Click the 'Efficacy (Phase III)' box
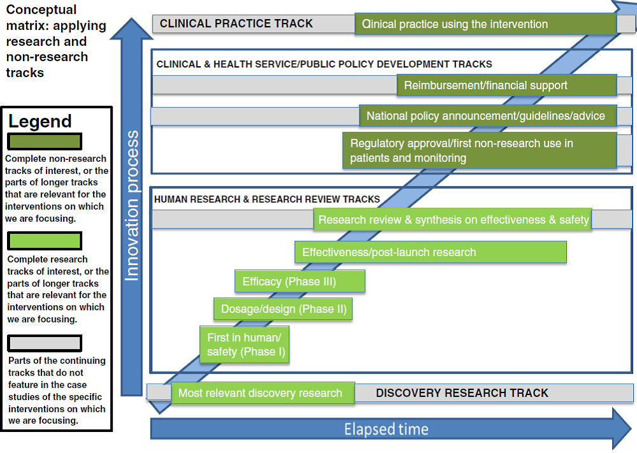(x=300, y=281)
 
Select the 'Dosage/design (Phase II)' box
(x=283, y=309)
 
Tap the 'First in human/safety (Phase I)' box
(x=245, y=345)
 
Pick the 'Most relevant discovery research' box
(x=263, y=393)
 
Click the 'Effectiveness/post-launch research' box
(x=431, y=252)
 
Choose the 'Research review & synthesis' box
(x=452, y=220)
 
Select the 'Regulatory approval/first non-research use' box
(x=480, y=150)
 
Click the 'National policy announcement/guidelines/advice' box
(x=488, y=116)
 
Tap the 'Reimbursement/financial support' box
(x=507, y=85)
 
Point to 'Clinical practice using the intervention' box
(x=486, y=24)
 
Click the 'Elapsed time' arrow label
(x=387, y=429)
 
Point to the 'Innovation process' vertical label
(x=132, y=206)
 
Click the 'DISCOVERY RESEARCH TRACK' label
(x=462, y=393)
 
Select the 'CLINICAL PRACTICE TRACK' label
(x=236, y=24)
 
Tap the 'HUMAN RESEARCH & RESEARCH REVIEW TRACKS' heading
(x=267, y=199)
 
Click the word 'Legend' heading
(x=39, y=121)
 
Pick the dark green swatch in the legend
(x=45, y=141)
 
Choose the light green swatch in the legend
(x=45, y=241)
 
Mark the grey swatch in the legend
(x=45, y=343)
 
